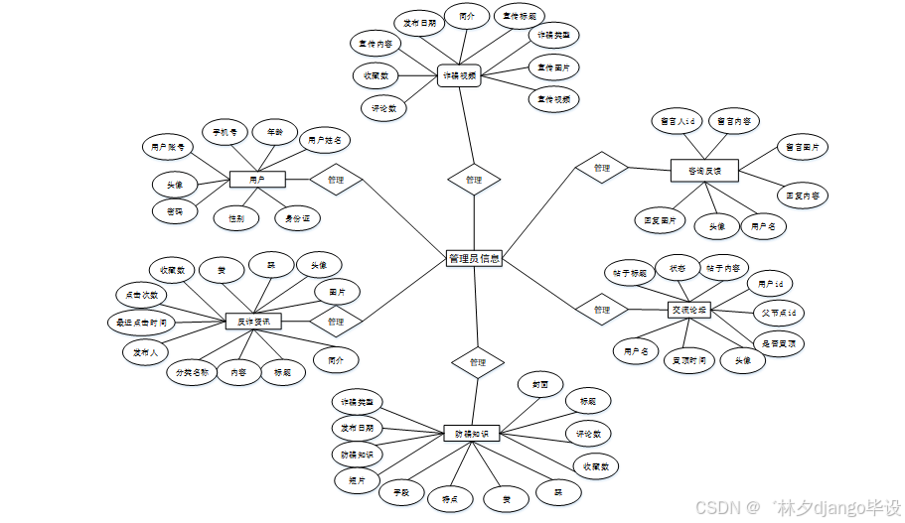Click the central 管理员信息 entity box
pyautogui.click(x=474, y=259)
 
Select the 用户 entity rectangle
pyautogui.click(x=257, y=180)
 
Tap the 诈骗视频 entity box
pyautogui.click(x=459, y=75)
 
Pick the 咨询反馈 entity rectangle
pyautogui.click(x=704, y=171)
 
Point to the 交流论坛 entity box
pyautogui.click(x=688, y=310)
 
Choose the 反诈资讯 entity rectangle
pyautogui.click(x=253, y=322)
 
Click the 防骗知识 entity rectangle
pyautogui.click(x=471, y=433)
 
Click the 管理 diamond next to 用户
pyautogui.click(x=335, y=180)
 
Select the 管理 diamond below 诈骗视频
pyautogui.click(x=473, y=180)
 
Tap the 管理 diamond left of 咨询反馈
pyautogui.click(x=601, y=168)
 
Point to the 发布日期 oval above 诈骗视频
pyautogui.click(x=417, y=23)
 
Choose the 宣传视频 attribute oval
pyautogui.click(x=553, y=99)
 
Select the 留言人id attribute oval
pyautogui.click(x=677, y=121)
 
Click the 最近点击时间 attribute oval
pyautogui.click(x=141, y=322)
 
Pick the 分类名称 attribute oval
pyautogui.click(x=191, y=373)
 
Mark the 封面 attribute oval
pyautogui.click(x=540, y=384)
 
